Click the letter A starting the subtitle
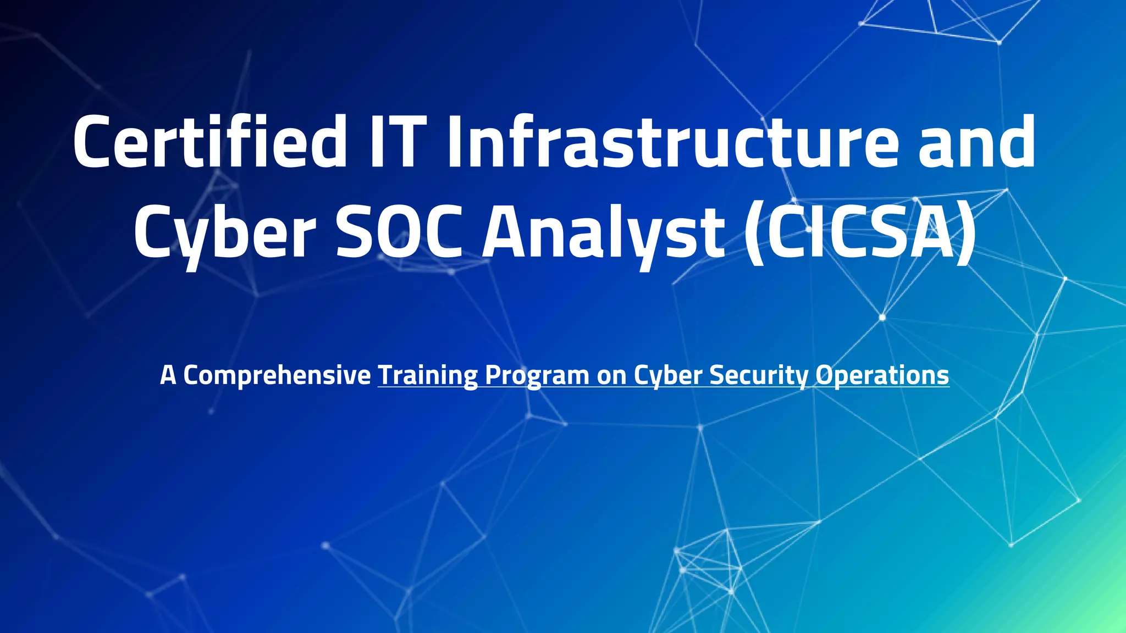click(x=168, y=375)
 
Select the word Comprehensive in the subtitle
click(x=277, y=376)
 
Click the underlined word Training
click(x=428, y=376)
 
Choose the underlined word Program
click(x=537, y=376)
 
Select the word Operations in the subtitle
click(x=882, y=376)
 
